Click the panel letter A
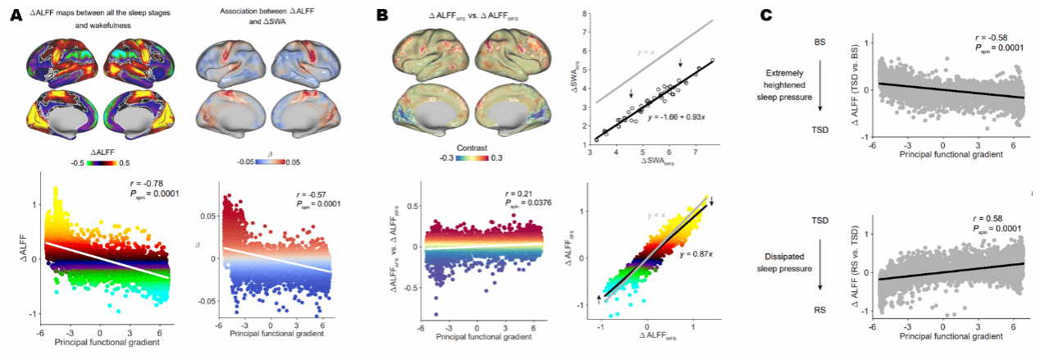click(15, 15)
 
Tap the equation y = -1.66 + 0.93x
click(669, 116)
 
